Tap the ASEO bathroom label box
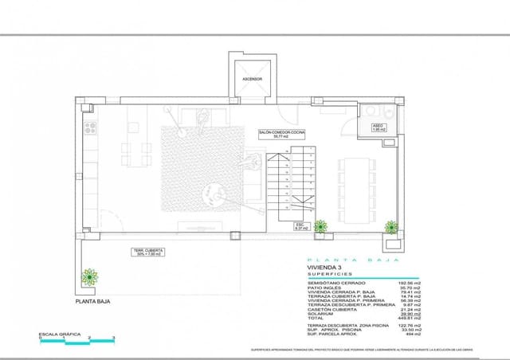(x=379, y=127)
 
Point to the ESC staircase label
(x=300, y=227)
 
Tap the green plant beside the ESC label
(x=321, y=227)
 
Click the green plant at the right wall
(x=390, y=226)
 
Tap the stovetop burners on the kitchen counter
(x=89, y=127)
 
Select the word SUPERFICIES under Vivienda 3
(x=329, y=275)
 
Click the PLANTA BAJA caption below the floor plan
(x=95, y=302)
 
